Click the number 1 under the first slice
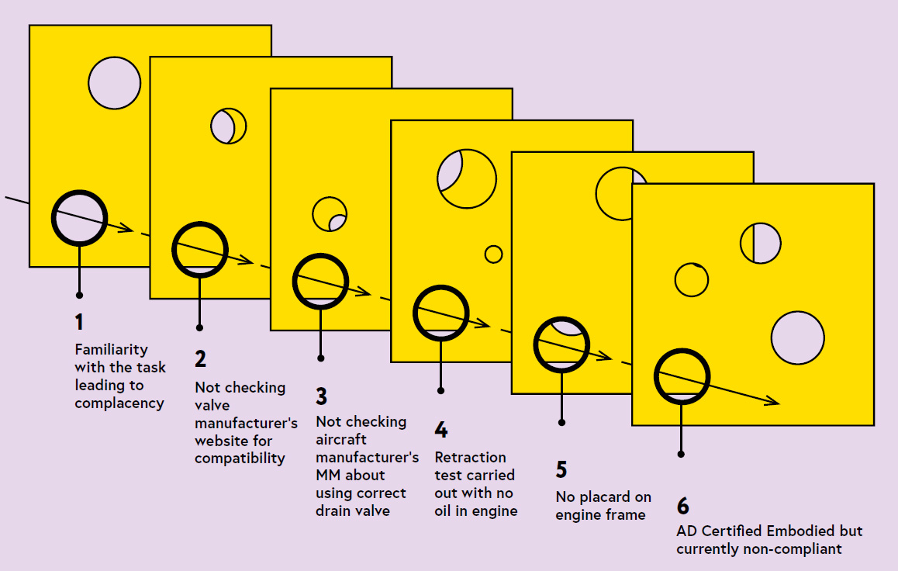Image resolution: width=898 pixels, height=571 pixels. [x=78, y=322]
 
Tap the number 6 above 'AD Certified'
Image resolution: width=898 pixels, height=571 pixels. [x=682, y=506]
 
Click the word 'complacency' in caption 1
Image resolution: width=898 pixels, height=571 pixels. [x=119, y=403]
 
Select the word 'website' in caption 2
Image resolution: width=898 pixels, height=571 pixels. [x=222, y=441]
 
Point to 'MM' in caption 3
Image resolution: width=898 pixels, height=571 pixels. [x=327, y=475]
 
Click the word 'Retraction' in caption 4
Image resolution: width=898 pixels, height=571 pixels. [x=470, y=457]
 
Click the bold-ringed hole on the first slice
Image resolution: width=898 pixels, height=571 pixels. [x=79, y=218]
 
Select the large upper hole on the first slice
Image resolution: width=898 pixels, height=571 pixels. [x=114, y=82]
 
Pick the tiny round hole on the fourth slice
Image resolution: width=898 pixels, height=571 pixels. [x=493, y=254]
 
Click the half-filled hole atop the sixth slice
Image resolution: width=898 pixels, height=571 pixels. [x=760, y=243]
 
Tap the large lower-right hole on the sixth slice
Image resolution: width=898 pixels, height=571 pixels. [x=797, y=338]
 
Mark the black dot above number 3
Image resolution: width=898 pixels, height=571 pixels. [x=320, y=358]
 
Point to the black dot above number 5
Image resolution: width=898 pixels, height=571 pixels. [x=561, y=423]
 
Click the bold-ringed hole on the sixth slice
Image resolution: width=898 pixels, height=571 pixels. [x=682, y=375]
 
